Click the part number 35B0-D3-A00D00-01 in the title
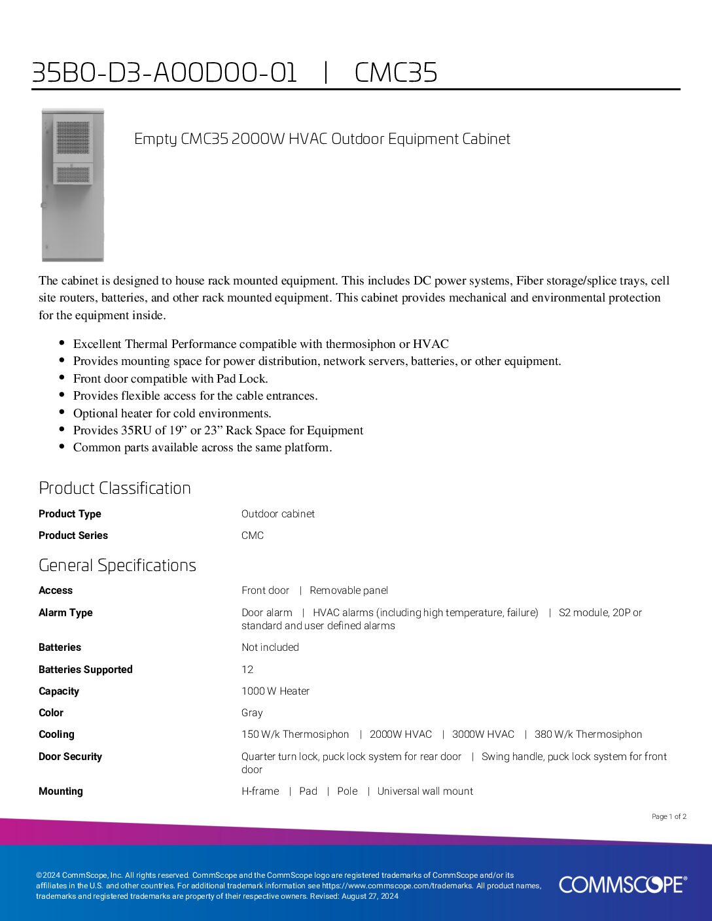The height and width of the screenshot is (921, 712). (164, 73)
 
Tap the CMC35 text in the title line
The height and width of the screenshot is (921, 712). (395, 73)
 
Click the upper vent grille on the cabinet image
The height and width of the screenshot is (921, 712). (73, 138)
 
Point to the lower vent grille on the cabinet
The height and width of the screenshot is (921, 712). (73, 174)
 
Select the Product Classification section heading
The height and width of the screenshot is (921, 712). (115, 488)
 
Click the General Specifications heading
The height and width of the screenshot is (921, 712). (117, 565)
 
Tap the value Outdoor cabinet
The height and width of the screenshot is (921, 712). (277, 514)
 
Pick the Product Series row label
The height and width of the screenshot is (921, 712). (73, 535)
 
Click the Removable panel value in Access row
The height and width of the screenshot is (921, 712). (349, 591)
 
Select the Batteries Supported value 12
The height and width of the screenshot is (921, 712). (247, 669)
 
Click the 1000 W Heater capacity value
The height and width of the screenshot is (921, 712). (276, 691)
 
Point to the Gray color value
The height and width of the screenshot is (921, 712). (252, 713)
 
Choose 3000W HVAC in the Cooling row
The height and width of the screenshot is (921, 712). (483, 735)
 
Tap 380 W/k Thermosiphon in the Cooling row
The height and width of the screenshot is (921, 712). (588, 735)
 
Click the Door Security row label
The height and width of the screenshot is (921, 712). (70, 757)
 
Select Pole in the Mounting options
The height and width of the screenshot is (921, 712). (347, 791)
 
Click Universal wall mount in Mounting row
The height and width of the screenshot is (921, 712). (425, 791)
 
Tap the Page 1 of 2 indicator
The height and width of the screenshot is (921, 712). (669, 816)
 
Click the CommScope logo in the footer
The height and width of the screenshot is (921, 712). (622, 884)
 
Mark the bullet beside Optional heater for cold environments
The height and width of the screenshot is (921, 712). (62, 412)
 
